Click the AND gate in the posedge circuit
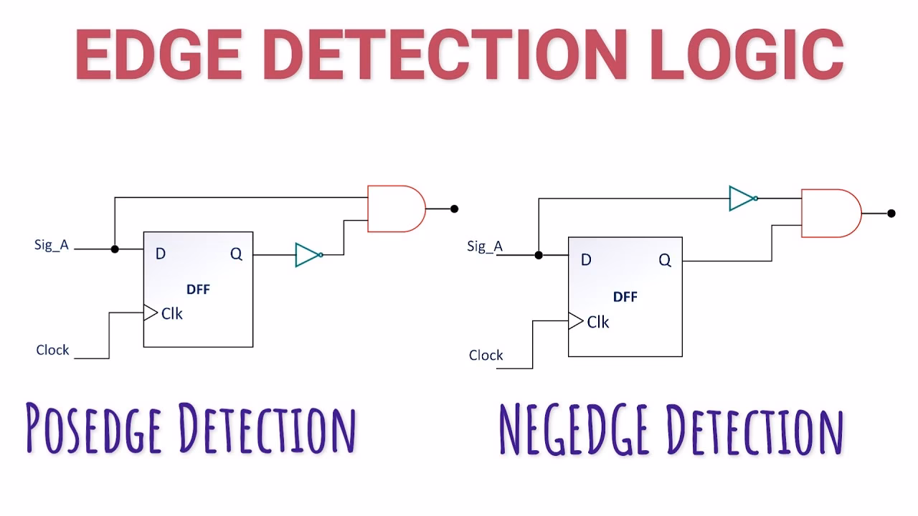point(394,209)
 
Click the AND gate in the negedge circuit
point(829,213)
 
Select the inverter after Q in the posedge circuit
point(308,254)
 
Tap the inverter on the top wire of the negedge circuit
point(742,199)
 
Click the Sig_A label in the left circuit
point(52,245)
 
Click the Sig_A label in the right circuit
point(485,247)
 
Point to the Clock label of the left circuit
point(53,350)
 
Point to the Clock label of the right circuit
point(486,355)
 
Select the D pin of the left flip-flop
point(160,254)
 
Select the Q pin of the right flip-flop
point(665,260)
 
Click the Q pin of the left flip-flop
point(236,254)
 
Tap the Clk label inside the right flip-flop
point(597,322)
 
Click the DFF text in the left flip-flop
point(198,290)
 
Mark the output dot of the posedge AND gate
point(454,209)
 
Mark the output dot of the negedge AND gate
point(891,213)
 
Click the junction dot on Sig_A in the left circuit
point(114,249)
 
